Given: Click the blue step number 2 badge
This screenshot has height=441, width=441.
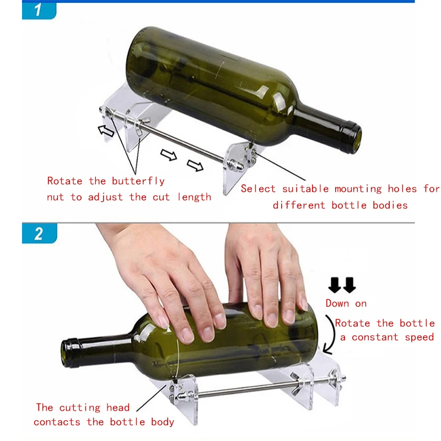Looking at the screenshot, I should coord(39,233).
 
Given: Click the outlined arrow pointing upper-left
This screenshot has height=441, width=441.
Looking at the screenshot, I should coord(105,131).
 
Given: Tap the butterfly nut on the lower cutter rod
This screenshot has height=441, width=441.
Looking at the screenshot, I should coord(300,381).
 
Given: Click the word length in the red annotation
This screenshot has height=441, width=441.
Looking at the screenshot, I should coord(194,197).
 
